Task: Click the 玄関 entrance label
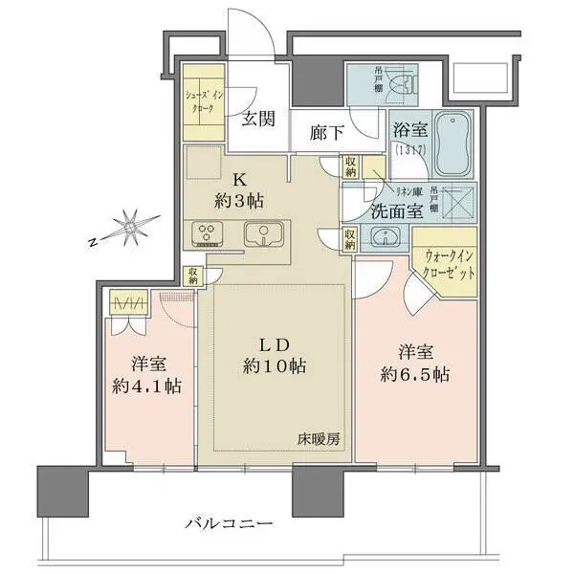(x=257, y=119)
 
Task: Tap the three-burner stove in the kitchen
(x=208, y=232)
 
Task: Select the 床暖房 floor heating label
(x=316, y=439)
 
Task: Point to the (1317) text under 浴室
(x=408, y=150)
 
